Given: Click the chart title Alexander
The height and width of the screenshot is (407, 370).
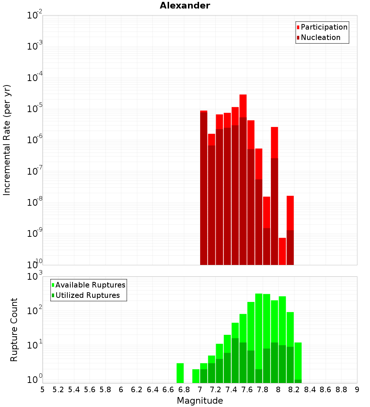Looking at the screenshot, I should pos(185,6).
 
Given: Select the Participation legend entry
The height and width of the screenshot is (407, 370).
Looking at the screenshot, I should pos(324,27).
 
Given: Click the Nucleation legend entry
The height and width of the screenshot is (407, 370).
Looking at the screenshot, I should pos(320,37).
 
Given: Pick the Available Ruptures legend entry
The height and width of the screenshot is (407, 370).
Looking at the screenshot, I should pos(90,285).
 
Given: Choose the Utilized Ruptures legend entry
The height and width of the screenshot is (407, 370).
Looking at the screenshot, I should pos(87,295).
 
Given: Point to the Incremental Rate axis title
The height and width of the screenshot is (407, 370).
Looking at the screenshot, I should pos(7,140).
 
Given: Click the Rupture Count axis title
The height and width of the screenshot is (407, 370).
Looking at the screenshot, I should pos(14,329).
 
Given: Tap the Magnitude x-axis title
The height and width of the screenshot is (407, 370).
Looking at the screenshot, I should pos(200,401).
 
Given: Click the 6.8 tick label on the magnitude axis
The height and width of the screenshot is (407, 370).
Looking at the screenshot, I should pos(184,390).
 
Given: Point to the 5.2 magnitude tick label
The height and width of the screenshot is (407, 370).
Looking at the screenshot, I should pos(58,390).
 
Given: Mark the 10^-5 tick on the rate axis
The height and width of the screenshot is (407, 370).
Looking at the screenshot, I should pos(34,109).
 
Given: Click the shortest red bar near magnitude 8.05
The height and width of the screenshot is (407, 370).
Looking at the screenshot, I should pos(282,251).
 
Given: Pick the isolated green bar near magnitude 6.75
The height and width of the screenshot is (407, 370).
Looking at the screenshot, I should pos(180,373).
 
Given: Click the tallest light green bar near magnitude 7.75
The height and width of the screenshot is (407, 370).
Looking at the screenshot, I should pos(259,333).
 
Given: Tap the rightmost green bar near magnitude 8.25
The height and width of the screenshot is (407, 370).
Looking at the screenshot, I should pos(298,361).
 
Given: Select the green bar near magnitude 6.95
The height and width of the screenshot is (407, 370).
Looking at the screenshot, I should pos(196,376).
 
